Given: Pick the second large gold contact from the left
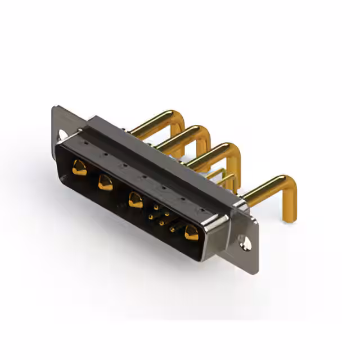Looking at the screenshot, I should tap(105, 182).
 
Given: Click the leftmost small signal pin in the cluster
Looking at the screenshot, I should tap(150, 215).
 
